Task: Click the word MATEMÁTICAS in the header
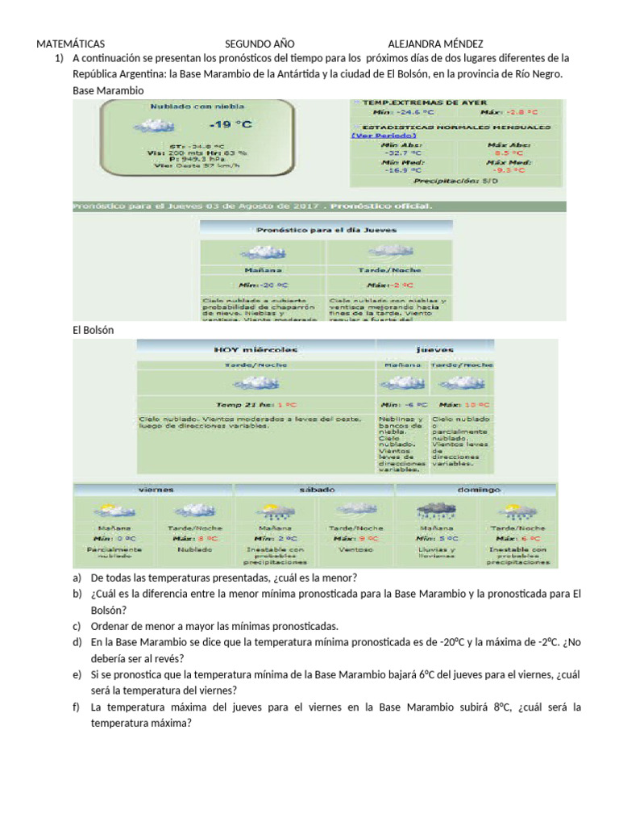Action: (x=71, y=44)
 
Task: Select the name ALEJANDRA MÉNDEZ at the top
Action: (x=435, y=44)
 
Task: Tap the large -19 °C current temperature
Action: (x=230, y=124)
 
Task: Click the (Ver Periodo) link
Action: (x=379, y=136)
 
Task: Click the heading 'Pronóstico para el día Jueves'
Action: (x=326, y=229)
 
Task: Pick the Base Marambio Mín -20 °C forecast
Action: (x=261, y=285)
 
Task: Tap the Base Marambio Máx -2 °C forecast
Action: (x=389, y=285)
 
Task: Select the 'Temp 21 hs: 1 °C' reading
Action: (x=255, y=404)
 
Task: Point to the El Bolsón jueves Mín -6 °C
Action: (x=401, y=404)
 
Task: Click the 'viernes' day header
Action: (x=156, y=490)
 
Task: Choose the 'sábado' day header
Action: (x=314, y=490)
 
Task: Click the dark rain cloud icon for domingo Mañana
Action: (x=436, y=510)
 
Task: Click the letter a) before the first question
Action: (x=77, y=578)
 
